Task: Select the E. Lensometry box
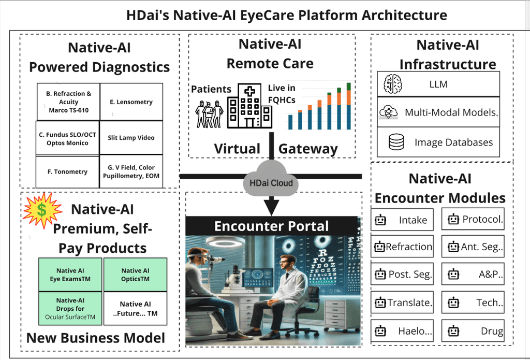click(x=131, y=102)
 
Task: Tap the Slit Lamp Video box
click(x=131, y=138)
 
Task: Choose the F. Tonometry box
click(x=67, y=171)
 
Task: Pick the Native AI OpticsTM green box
click(x=136, y=275)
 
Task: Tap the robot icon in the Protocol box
click(x=454, y=219)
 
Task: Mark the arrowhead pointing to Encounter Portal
click(x=271, y=206)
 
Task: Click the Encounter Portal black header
click(x=272, y=226)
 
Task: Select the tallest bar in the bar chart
click(x=348, y=106)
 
